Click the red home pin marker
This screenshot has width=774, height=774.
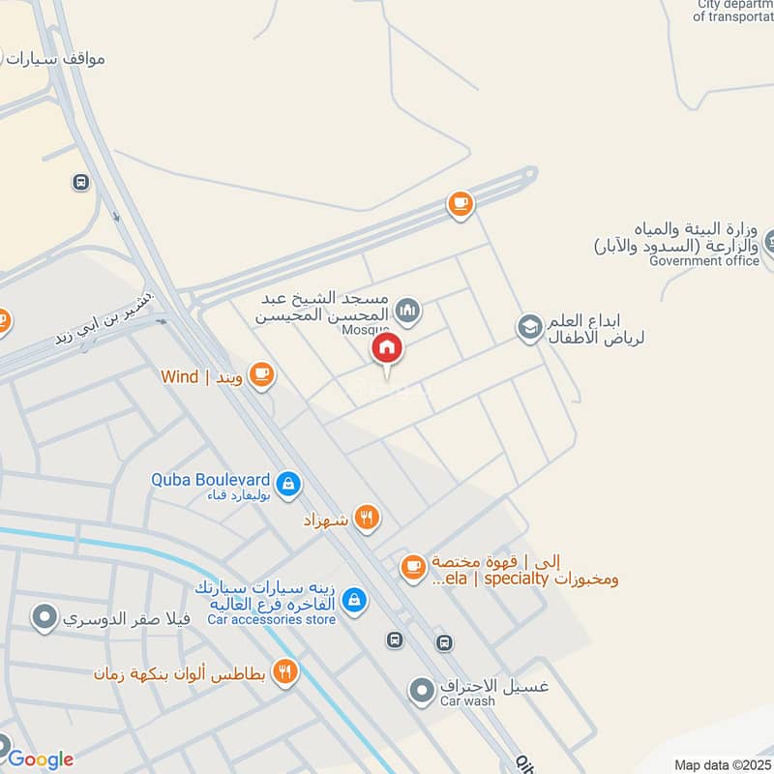(387, 349)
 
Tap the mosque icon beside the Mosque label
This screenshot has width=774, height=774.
(408, 310)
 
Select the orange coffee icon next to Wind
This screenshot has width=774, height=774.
(260, 375)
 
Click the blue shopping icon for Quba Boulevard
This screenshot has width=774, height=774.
(287, 484)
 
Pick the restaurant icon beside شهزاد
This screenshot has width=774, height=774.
(366, 519)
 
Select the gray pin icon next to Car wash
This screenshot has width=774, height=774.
(421, 691)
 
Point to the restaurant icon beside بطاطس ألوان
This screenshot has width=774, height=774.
(283, 671)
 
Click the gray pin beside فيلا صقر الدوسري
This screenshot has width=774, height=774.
(43, 616)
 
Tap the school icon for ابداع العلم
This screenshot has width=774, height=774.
(529, 328)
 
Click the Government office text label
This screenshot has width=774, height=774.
(704, 261)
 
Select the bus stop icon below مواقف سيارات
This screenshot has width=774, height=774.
(80, 182)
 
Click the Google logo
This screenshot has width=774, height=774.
(40, 759)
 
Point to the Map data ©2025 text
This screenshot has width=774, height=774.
(721, 764)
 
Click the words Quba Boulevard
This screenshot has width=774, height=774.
(210, 479)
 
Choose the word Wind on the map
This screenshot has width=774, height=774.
(178, 376)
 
